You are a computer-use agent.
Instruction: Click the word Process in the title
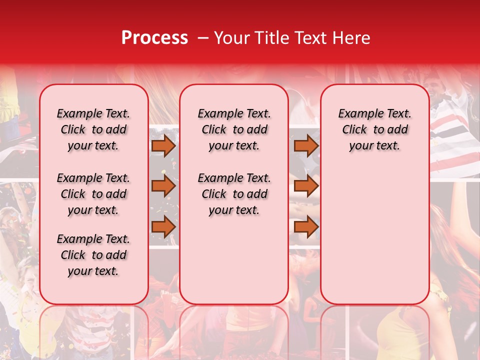(x=154, y=38)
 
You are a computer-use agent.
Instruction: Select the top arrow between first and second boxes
(x=163, y=146)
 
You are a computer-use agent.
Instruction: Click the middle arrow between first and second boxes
(x=163, y=186)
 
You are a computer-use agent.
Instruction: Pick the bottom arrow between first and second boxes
(x=163, y=226)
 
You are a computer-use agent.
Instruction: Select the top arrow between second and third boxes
(x=306, y=146)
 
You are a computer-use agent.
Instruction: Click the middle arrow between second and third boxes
(x=306, y=186)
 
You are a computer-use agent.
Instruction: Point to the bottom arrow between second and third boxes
(x=306, y=226)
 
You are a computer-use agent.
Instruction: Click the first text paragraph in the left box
(x=93, y=129)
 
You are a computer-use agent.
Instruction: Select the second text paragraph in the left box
(x=93, y=194)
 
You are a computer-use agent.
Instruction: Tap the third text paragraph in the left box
(x=93, y=255)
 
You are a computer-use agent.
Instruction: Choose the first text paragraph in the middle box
(x=234, y=129)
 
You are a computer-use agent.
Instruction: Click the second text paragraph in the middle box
(x=234, y=194)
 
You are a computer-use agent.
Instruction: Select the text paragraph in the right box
(x=374, y=129)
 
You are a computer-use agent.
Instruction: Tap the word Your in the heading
(x=233, y=38)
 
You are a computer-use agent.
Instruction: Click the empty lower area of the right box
(x=374, y=235)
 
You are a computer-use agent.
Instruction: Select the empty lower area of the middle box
(x=234, y=260)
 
